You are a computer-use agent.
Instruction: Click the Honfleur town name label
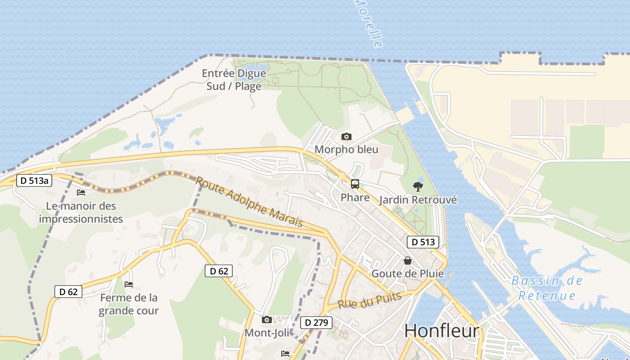pos(441,331)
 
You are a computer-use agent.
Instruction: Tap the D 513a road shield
pos(34,181)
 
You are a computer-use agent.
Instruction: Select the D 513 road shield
pos(423,242)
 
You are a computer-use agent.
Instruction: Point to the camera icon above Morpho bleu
pos(346,136)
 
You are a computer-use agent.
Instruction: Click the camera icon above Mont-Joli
pos(267,319)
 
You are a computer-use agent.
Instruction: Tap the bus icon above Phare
pos(355,184)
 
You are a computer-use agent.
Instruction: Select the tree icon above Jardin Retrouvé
pos(418,186)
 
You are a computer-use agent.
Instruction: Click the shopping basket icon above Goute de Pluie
pos(408,261)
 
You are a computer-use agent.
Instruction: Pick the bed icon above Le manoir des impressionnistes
pos(81,193)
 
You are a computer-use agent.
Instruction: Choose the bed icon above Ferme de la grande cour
pos(129,284)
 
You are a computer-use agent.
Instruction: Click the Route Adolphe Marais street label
pos(249,202)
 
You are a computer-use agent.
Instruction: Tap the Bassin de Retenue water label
pos(547,288)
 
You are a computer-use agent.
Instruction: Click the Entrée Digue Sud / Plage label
pos(234,80)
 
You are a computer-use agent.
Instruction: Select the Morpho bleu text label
pos(346,149)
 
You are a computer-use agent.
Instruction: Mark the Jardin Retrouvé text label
pos(418,200)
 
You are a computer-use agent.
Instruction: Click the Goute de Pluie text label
pos(408,274)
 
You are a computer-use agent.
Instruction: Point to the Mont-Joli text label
pos(267,333)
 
